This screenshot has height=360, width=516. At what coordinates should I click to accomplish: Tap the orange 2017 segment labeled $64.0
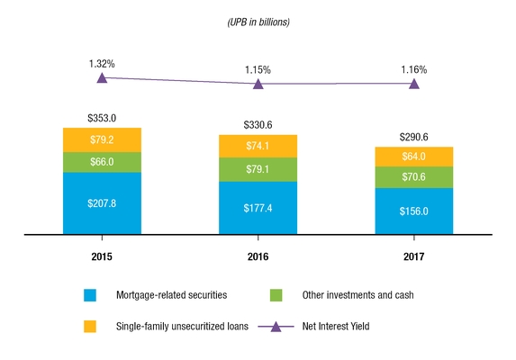[x=413, y=157]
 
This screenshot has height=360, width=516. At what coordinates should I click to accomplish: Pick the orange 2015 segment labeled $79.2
[x=102, y=139]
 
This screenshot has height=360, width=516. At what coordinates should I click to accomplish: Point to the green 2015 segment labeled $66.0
[x=102, y=162]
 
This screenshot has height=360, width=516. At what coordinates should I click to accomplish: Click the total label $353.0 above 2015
[x=102, y=118]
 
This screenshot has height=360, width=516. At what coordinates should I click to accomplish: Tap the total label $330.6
[x=258, y=125]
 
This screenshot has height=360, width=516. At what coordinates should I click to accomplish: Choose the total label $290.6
[x=413, y=137]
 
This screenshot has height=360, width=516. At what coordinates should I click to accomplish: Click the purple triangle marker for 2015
[x=102, y=78]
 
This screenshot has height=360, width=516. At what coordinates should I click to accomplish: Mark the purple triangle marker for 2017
[x=413, y=84]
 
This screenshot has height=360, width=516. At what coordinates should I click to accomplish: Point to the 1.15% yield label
[x=258, y=68]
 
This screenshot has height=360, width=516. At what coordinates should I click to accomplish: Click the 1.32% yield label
[x=102, y=63]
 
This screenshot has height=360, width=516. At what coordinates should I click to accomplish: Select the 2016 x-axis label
[x=258, y=256]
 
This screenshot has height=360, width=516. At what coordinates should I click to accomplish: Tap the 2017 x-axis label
[x=413, y=256]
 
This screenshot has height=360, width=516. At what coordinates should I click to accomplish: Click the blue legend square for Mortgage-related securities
[x=89, y=294]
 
